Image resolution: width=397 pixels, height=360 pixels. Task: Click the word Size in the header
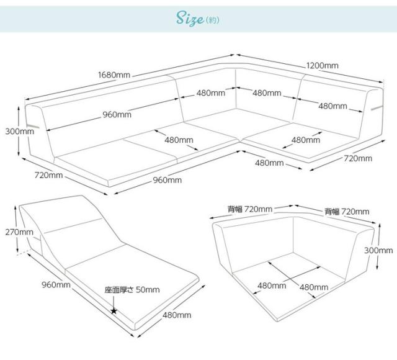[189, 20]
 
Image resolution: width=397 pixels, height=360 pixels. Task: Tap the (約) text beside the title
[213, 21]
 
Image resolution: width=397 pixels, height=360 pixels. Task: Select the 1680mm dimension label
[114, 75]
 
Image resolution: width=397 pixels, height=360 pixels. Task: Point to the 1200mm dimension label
[322, 65]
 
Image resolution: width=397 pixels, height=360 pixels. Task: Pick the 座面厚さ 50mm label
[132, 290]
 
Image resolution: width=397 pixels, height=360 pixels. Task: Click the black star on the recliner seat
[114, 310]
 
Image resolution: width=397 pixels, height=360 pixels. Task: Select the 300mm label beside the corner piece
[378, 250]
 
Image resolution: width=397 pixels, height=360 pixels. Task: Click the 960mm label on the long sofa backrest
[117, 114]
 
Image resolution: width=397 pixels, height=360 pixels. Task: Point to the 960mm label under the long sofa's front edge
[167, 180]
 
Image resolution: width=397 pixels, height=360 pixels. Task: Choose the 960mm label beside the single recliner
[56, 285]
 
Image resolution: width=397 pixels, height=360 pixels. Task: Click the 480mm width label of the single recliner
[177, 315]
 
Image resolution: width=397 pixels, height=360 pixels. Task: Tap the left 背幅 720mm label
[249, 209]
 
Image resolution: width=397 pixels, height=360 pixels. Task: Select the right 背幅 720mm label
[347, 212]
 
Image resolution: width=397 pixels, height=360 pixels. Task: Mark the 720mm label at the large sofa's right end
[358, 159]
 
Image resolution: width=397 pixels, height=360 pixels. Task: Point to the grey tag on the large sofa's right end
[377, 109]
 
